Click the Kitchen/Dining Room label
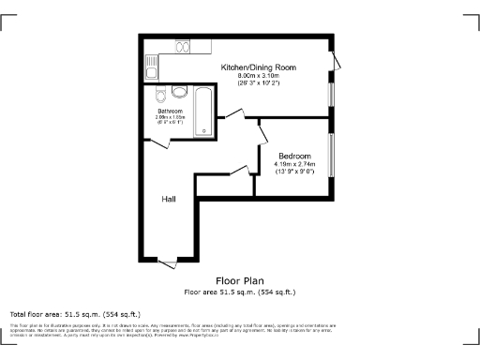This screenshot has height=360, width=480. coord(258,67)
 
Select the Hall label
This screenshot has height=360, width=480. coord(169,199)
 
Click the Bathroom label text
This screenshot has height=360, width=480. coord(170,111)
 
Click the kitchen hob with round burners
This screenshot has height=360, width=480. coord(183,48)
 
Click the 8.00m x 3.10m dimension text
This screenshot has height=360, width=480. coord(258,76)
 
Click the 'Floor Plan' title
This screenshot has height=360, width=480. coord(239,280)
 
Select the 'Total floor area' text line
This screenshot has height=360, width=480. coord(75,313)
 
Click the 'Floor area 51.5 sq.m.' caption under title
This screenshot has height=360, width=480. coord(239,292)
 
